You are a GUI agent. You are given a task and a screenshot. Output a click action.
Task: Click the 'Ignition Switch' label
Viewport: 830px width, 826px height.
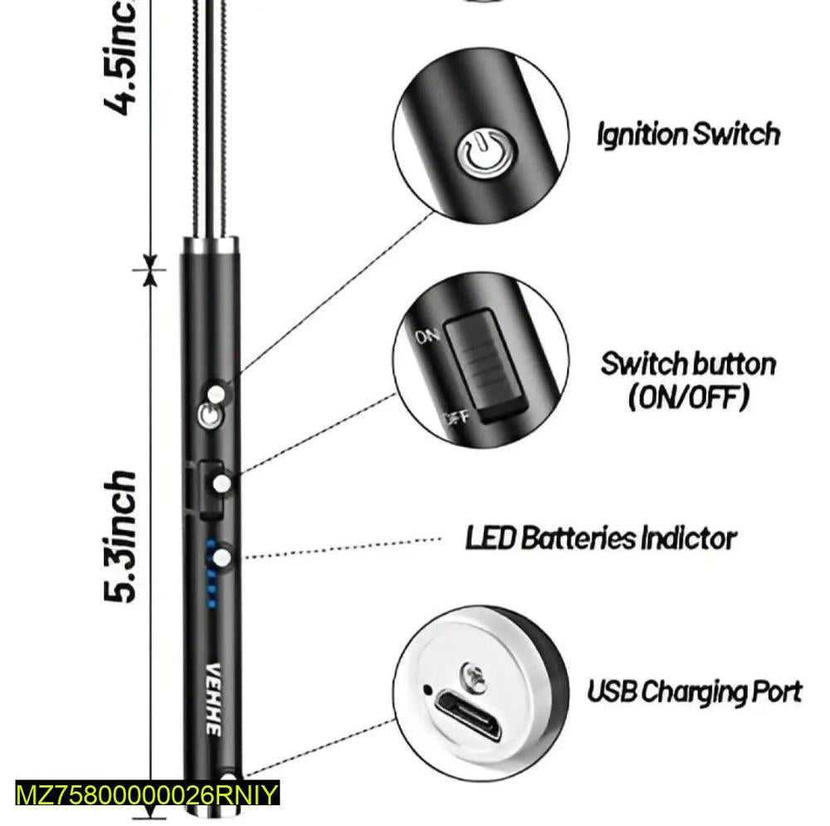pyautogui.click(x=688, y=134)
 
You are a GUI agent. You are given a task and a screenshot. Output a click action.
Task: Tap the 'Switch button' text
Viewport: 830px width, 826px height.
pyautogui.click(x=688, y=364)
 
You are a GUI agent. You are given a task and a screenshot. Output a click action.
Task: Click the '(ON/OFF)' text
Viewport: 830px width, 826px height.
pyautogui.click(x=688, y=397)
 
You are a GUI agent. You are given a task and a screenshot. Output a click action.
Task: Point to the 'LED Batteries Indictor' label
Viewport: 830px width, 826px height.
pyautogui.click(x=600, y=538)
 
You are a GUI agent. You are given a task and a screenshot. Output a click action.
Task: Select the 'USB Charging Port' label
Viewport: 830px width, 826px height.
pyautogui.click(x=695, y=691)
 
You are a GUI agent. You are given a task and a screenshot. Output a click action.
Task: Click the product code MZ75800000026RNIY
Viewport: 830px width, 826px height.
pyautogui.click(x=148, y=794)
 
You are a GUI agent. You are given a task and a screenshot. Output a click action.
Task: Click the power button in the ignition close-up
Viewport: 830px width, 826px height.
pyautogui.click(x=486, y=154)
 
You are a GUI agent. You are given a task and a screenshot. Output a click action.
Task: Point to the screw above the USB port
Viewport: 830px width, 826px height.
pyautogui.click(x=474, y=673)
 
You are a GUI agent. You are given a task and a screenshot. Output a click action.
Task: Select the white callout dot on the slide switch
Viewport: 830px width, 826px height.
pyautogui.click(x=222, y=483)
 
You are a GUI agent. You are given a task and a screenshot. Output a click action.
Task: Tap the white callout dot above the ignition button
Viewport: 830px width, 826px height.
pyautogui.click(x=217, y=393)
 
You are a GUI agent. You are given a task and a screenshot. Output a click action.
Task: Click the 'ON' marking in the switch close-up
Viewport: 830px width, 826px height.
pyautogui.click(x=427, y=336)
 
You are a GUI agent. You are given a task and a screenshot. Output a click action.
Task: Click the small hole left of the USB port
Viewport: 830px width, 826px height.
pyautogui.click(x=427, y=689)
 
